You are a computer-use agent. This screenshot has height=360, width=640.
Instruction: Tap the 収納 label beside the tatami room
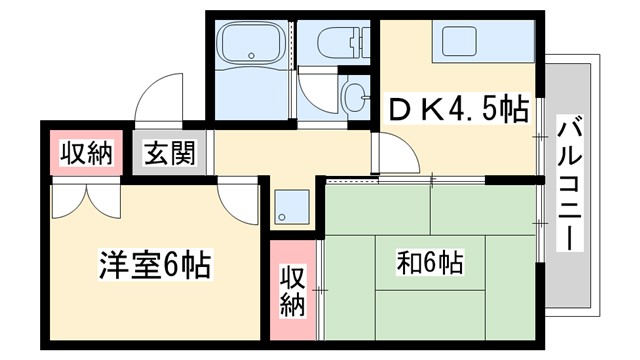point(291,291)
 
